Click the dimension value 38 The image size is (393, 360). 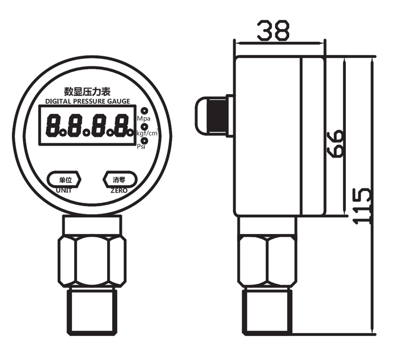coord(273,31)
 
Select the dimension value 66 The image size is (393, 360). coord(335,143)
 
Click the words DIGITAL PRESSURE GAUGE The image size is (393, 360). coord(88,101)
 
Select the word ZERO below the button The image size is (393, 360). coord(119,190)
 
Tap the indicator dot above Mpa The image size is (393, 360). coord(144,111)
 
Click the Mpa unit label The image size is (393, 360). coord(144,119)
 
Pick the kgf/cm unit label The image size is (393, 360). coord(147,133)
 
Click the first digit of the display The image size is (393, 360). coord(53,126)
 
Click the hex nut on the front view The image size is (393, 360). coord(92,260)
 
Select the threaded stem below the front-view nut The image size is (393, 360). coord(92,312)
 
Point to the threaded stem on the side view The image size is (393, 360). coord(267,312)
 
